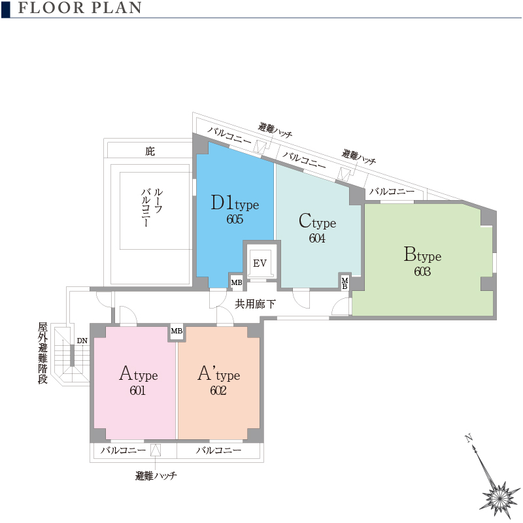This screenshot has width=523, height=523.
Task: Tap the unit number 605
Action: point(235,219)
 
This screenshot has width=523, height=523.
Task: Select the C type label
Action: point(317,221)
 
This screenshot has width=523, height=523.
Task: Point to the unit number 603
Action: point(422,271)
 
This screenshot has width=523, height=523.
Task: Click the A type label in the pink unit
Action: point(139,373)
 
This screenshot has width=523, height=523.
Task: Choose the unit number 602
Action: point(218,390)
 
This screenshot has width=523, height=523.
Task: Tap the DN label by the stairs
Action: point(82,341)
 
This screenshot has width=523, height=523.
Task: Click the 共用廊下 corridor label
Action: point(255,304)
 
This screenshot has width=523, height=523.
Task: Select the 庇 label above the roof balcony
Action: point(150,151)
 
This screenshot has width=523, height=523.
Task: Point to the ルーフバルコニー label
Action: point(152,207)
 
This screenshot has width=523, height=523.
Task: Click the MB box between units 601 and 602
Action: point(177,331)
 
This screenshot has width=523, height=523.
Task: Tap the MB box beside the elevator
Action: point(237,282)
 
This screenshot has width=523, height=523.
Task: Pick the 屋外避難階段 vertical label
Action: point(42,353)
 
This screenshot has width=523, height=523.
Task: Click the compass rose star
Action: point(499,498)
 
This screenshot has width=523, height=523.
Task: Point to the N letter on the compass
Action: point(469,438)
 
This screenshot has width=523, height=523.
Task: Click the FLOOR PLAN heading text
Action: point(80,8)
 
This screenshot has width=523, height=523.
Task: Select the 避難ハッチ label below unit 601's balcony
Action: point(156,476)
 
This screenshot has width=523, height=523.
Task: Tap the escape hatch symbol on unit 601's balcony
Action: point(156,450)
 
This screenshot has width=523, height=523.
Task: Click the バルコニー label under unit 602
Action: point(218,450)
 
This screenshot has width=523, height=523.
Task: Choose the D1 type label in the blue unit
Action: point(235,203)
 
